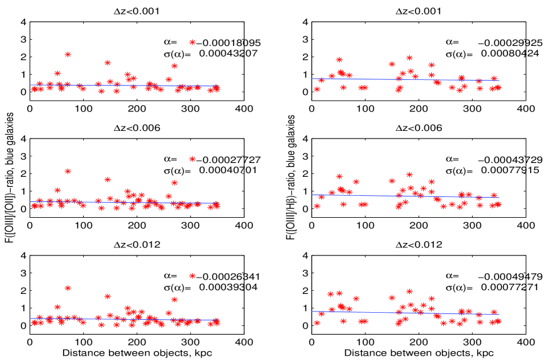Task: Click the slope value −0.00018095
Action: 230,43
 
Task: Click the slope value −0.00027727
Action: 230,160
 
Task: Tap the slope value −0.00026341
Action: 230,276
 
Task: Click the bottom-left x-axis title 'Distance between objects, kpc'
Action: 137,352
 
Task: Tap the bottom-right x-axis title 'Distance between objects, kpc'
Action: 419,352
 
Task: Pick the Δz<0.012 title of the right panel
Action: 419,245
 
